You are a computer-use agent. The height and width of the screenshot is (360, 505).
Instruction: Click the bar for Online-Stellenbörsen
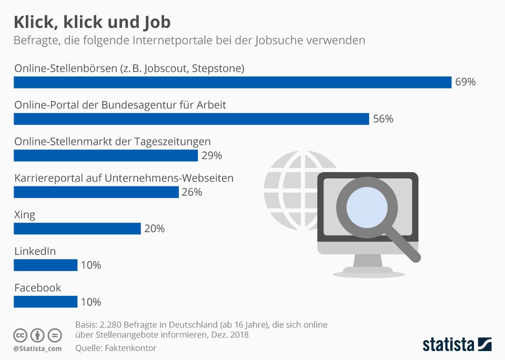click(x=232, y=82)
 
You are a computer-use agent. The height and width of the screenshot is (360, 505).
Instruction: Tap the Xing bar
click(x=77, y=228)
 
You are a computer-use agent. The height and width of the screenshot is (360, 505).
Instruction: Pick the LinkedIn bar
click(x=45, y=265)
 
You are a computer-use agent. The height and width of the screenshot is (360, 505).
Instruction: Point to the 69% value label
click(x=466, y=82)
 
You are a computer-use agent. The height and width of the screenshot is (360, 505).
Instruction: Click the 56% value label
click(x=383, y=119)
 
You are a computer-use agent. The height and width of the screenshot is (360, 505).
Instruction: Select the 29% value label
click(x=211, y=156)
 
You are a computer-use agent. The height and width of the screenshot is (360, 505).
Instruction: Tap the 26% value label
click(x=192, y=192)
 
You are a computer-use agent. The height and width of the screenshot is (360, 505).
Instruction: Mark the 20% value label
click(x=154, y=229)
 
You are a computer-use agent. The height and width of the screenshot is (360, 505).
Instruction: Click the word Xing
click(x=25, y=215)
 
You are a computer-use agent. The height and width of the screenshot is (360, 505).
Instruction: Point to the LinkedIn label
click(x=35, y=252)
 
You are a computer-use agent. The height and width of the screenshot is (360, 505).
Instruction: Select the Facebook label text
click(x=37, y=288)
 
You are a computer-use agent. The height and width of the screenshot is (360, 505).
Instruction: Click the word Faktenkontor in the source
click(x=132, y=348)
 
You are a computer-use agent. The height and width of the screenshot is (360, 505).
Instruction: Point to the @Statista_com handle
click(x=37, y=348)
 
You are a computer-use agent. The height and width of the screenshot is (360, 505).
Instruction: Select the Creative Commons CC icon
click(x=21, y=335)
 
